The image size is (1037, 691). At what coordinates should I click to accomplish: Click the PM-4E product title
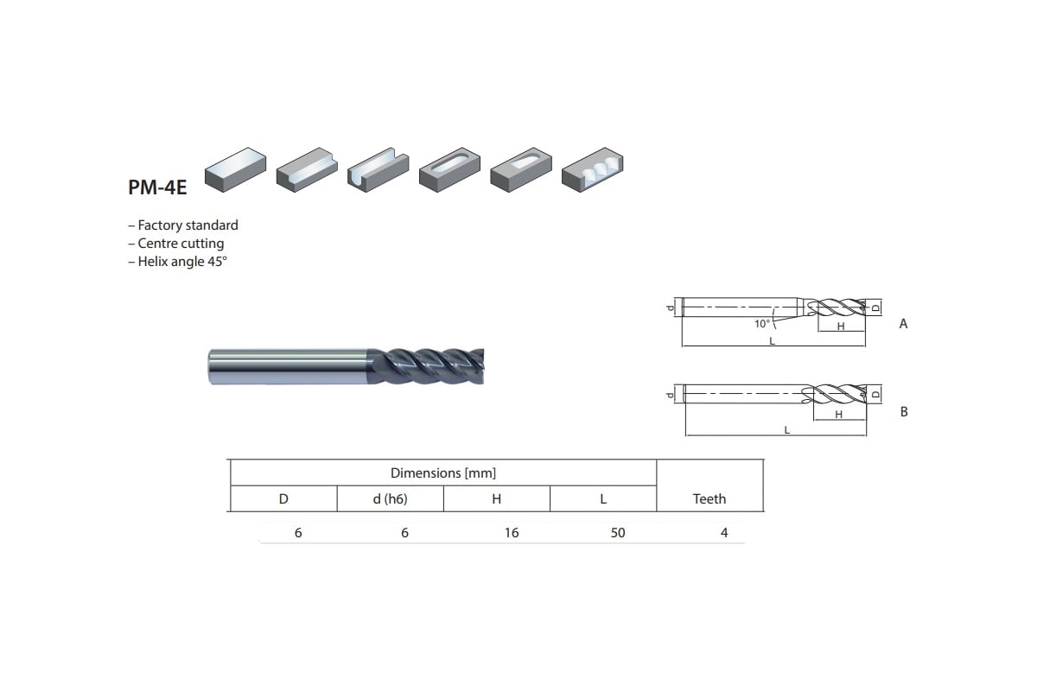(x=157, y=187)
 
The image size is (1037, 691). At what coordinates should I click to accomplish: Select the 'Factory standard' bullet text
(x=183, y=225)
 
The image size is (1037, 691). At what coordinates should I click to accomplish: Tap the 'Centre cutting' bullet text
(x=176, y=244)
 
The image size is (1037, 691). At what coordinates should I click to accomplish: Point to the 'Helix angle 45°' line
(x=177, y=262)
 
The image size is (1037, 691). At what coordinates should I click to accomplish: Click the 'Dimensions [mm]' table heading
(x=442, y=473)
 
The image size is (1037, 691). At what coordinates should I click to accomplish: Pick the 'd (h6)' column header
(x=390, y=499)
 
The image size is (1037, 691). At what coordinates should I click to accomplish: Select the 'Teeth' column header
(x=709, y=499)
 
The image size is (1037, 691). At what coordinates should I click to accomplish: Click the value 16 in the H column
(x=512, y=533)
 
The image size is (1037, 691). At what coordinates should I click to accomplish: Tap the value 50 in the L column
(x=617, y=533)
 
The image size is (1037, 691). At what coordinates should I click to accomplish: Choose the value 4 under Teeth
(x=724, y=533)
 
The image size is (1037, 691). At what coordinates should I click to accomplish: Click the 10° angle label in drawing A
(x=761, y=324)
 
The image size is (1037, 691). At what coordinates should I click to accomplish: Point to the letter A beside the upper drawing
(x=903, y=324)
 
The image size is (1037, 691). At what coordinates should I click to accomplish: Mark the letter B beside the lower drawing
(x=904, y=412)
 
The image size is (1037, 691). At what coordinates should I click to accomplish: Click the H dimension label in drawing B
(x=838, y=415)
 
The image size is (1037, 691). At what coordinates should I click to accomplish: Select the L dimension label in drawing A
(x=772, y=341)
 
